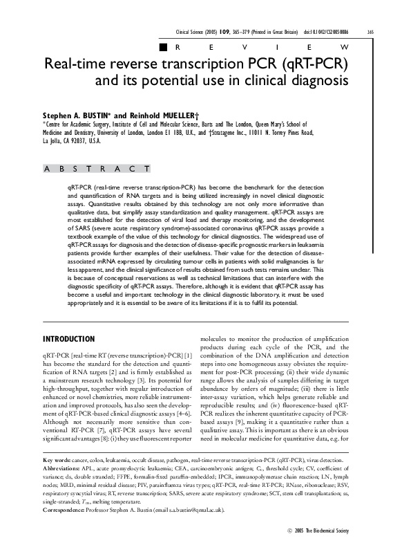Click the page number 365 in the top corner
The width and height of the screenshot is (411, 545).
(390, 32)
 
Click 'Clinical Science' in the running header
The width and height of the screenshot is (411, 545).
(196, 32)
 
